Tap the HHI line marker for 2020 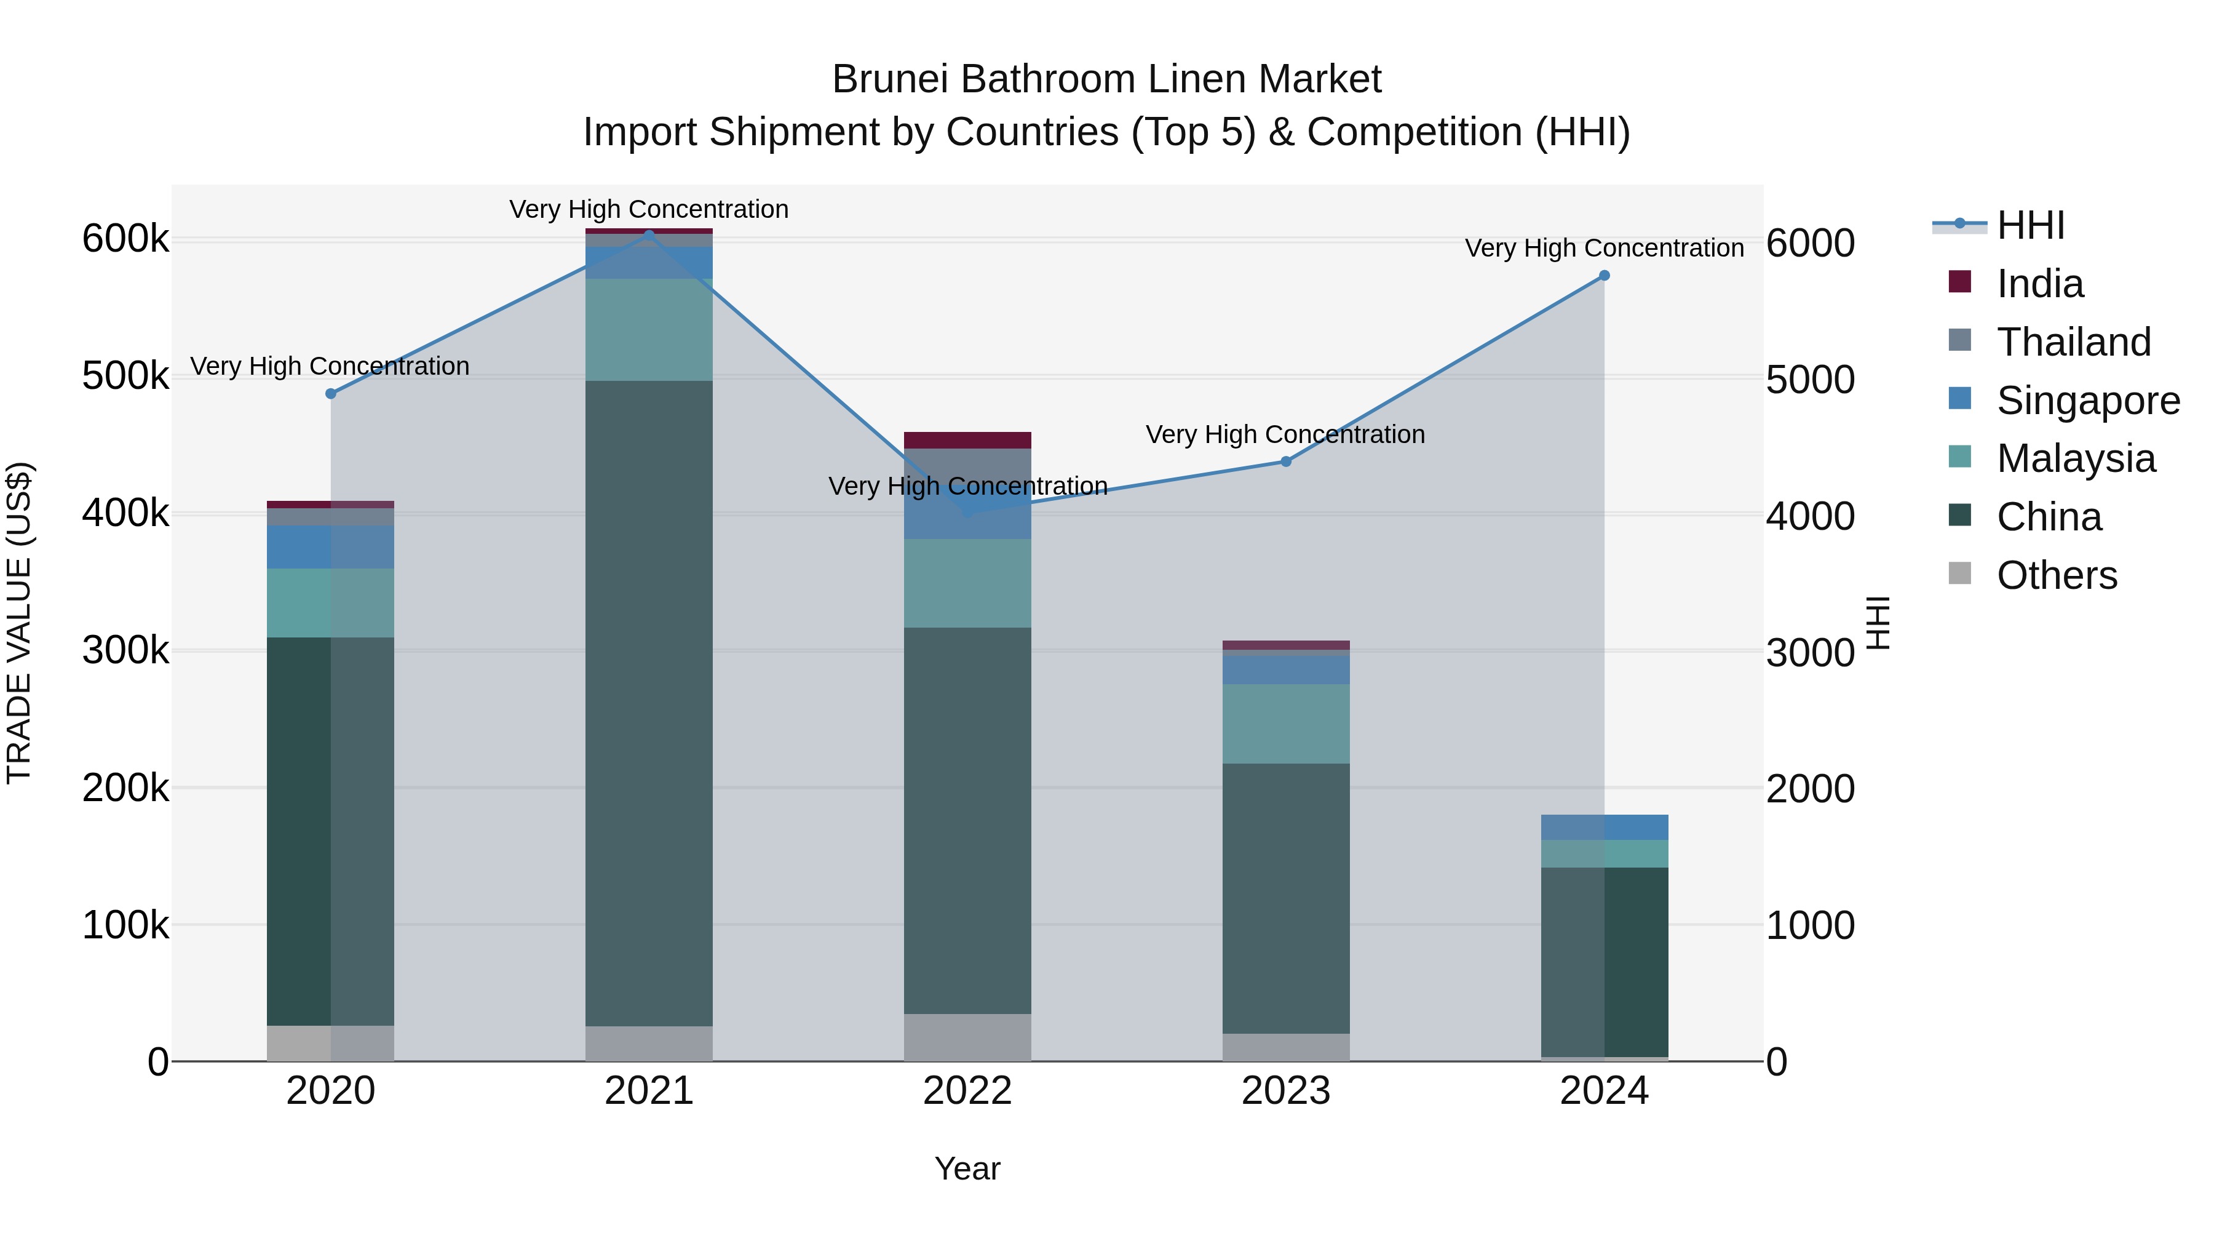click(x=331, y=394)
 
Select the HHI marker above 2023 click(x=1286, y=461)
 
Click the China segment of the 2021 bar click(x=649, y=703)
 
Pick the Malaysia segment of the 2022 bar click(x=967, y=583)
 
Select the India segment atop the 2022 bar click(x=967, y=441)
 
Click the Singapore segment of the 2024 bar click(x=1604, y=827)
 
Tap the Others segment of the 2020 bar click(x=331, y=1043)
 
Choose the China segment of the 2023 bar click(x=1286, y=898)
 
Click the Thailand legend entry click(x=2073, y=342)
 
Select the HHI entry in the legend click(x=2030, y=225)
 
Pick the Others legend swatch click(x=1959, y=573)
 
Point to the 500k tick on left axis click(x=125, y=377)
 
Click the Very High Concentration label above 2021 click(x=649, y=210)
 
